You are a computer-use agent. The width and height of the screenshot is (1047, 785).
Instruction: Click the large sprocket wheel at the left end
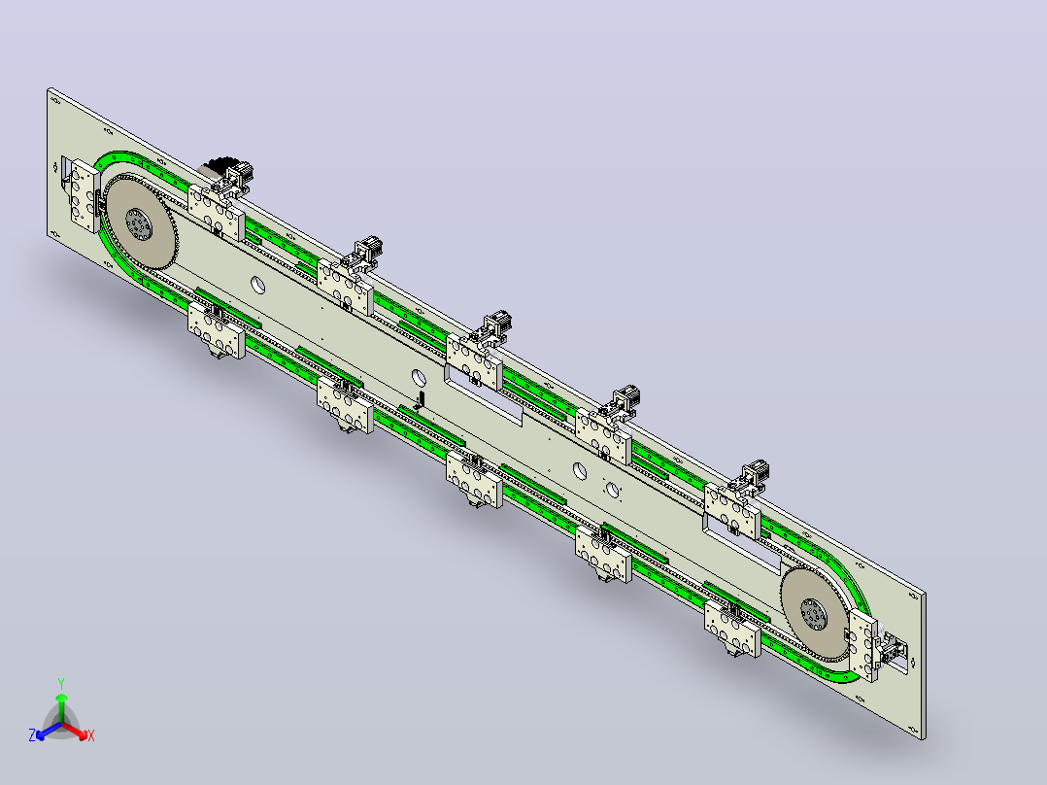[141, 223]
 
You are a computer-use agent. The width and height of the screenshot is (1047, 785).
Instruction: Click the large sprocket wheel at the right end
[815, 612]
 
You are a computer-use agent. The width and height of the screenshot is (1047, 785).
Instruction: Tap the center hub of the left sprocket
[139, 224]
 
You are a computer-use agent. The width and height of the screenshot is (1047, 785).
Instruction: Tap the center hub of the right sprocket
[814, 614]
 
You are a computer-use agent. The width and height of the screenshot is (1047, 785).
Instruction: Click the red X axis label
[91, 735]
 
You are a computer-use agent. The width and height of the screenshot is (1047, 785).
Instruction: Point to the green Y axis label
[61, 683]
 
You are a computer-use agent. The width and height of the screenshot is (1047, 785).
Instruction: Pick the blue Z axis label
[32, 734]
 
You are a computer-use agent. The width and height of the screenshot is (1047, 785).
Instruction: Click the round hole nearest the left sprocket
[257, 286]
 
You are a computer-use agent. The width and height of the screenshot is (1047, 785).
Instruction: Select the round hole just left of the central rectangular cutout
[419, 378]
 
